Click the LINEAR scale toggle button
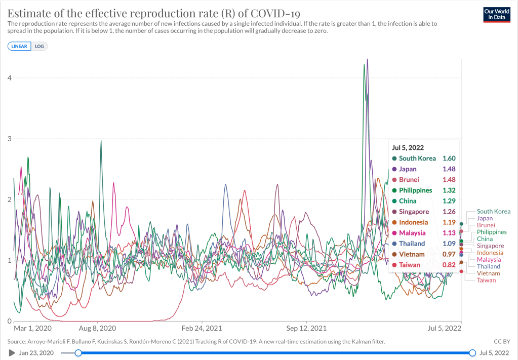click(x=19, y=46)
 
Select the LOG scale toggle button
click(x=39, y=46)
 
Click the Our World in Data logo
click(x=496, y=14)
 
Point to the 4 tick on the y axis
click(x=9, y=77)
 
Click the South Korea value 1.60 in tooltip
click(x=449, y=158)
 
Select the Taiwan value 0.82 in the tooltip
click(x=449, y=265)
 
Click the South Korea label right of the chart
click(x=493, y=212)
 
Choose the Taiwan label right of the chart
click(x=486, y=280)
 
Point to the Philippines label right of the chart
click(x=491, y=232)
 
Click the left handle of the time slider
click(x=78, y=353)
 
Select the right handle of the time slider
click(x=472, y=353)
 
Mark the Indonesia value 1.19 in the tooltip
click(x=449, y=222)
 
